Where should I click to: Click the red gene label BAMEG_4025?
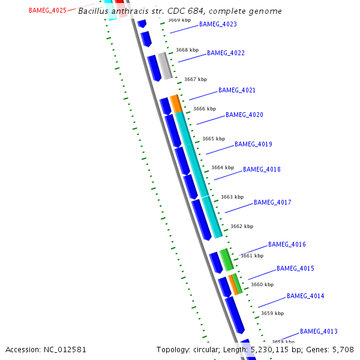click(47, 10)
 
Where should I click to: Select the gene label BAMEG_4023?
click(218, 25)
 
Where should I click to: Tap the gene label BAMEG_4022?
click(226, 53)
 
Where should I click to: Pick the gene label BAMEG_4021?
click(237, 91)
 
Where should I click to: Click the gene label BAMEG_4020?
click(244, 115)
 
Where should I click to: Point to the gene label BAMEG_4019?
click(253, 145)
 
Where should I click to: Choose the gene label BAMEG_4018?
click(262, 170)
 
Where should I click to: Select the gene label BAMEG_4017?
click(272, 203)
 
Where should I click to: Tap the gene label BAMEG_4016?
click(287, 245)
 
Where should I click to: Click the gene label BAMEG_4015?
click(295, 269)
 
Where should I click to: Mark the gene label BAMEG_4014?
click(305, 296)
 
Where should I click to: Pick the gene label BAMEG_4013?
click(319, 332)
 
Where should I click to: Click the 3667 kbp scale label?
click(196, 79)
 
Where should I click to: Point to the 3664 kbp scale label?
click(223, 168)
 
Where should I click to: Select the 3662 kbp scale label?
click(242, 226)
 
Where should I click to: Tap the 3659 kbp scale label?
click(272, 313)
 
